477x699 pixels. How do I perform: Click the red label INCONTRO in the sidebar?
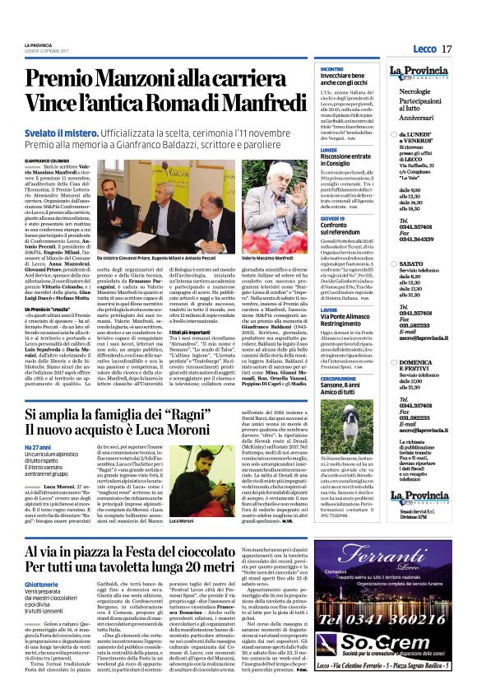point(331,69)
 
